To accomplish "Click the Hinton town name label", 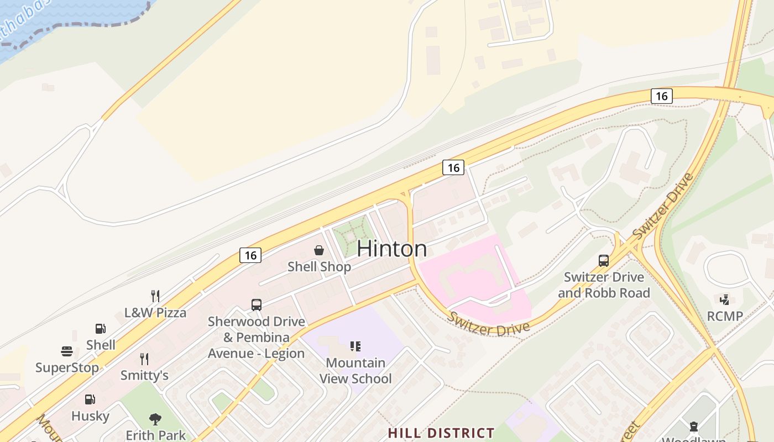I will [x=391, y=249].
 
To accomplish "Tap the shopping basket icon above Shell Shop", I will [x=319, y=251].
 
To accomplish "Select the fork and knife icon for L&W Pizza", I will [x=155, y=296].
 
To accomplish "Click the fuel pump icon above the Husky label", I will [x=90, y=399].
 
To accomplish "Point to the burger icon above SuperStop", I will [x=67, y=351].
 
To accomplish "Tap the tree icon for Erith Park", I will [x=155, y=419].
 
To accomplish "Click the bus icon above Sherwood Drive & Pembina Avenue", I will [x=256, y=305].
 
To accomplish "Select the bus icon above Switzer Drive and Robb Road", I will [x=604, y=261].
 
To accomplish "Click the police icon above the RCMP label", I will [x=724, y=300].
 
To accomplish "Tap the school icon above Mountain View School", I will [x=355, y=346].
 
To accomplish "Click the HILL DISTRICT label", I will [x=441, y=433].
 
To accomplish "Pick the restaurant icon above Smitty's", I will [x=144, y=359].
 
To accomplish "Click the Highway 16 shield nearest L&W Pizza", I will [x=250, y=255].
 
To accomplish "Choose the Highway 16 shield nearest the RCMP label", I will [x=661, y=96].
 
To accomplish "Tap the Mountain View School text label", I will [x=355, y=371].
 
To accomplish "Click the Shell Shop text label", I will [x=319, y=267].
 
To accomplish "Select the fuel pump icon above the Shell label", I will [x=101, y=329].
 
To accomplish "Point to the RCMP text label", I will [x=725, y=317].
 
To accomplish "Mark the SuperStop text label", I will [x=67, y=367].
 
